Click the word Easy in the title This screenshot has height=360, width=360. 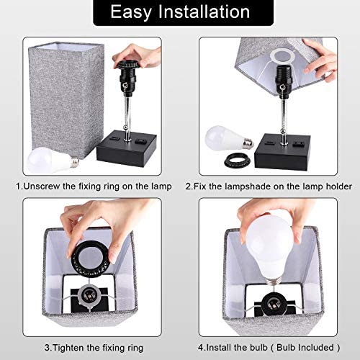click(131, 12)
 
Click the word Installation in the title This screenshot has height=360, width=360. click(204, 12)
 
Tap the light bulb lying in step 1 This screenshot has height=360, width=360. click(53, 161)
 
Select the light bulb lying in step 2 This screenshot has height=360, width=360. click(229, 138)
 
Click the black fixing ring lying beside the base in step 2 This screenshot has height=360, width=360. click(238, 161)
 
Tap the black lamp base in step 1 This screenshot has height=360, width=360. click(127, 148)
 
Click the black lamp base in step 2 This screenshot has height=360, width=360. click(282, 153)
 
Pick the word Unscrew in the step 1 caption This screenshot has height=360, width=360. click(42, 186)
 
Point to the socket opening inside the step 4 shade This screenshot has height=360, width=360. click(271, 303)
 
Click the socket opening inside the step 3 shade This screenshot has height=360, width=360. click(88, 296)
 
